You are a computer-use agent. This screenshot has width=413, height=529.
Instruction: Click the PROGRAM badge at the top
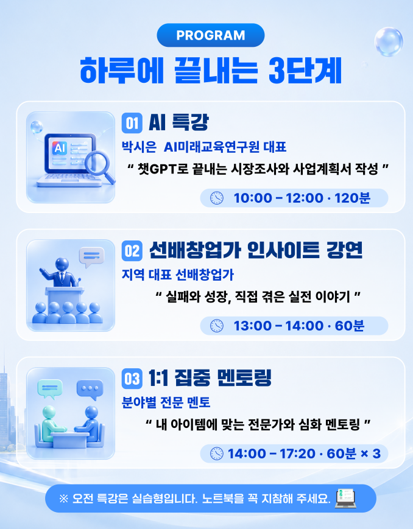pyautogui.click(x=210, y=35)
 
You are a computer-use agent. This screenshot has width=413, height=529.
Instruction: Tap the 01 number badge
pyautogui.click(x=132, y=123)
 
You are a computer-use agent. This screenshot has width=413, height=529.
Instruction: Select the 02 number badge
pyautogui.click(x=132, y=251)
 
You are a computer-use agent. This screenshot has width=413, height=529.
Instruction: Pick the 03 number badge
pyautogui.click(x=132, y=379)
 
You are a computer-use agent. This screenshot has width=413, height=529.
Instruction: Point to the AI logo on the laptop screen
pyautogui.click(x=60, y=148)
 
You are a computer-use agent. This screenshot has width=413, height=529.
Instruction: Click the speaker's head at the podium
pyautogui.click(x=62, y=264)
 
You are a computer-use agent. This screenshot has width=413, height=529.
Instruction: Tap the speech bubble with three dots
pyautogui.click(x=90, y=390)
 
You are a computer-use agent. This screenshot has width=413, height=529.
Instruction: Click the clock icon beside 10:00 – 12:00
pyautogui.click(x=217, y=198)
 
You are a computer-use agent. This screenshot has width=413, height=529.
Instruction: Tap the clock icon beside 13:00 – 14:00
pyautogui.click(x=217, y=326)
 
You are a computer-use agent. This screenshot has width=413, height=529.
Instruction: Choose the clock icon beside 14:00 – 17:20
pyautogui.click(x=217, y=454)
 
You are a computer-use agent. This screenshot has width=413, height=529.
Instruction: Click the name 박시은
pyautogui.click(x=139, y=147)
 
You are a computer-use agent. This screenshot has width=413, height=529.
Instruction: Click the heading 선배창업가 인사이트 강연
pyautogui.click(x=256, y=250)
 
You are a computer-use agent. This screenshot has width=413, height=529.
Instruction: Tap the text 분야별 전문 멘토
pyautogui.click(x=166, y=402)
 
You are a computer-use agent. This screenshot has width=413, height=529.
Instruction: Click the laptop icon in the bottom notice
pyautogui.click(x=345, y=498)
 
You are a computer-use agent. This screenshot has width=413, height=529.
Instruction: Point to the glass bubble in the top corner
pyautogui.click(x=389, y=42)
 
